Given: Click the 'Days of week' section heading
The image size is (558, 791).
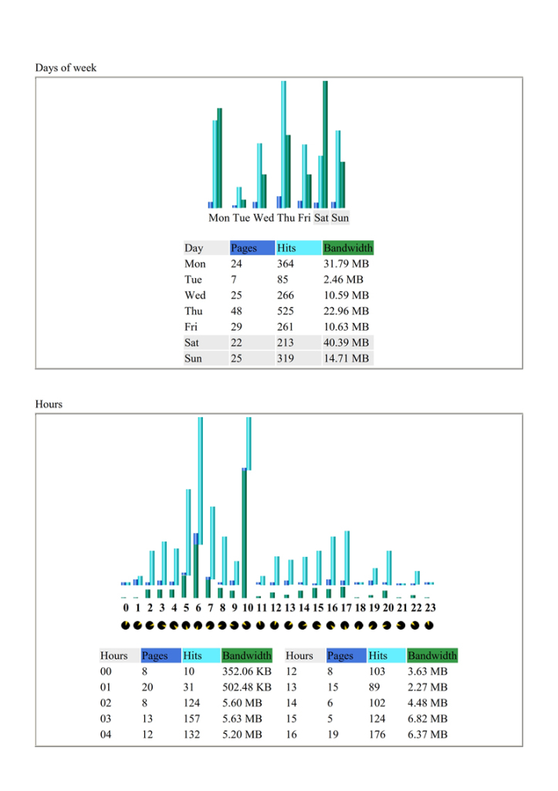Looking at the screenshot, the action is [x=66, y=68].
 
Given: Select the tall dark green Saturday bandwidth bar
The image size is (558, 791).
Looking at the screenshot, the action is [x=325, y=144].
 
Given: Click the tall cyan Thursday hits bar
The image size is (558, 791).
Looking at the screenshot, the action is [x=284, y=144].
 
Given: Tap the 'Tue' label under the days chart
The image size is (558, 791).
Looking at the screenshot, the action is [x=242, y=218].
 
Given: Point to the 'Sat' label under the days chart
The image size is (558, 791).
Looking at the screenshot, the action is [x=321, y=218].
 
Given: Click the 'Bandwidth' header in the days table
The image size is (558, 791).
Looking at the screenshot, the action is [x=348, y=248].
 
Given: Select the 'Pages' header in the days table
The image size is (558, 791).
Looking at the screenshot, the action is [x=244, y=248].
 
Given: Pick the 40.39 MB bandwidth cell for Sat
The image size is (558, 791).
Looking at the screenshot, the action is [x=346, y=342].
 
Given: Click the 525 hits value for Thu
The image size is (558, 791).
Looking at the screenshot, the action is [x=286, y=311].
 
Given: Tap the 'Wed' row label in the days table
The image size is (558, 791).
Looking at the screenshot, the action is [x=195, y=295].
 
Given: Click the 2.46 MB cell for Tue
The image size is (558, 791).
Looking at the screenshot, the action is [x=343, y=280].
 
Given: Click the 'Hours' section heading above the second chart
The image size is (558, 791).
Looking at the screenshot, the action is [x=49, y=404].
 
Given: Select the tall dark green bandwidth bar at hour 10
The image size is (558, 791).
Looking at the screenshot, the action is [x=245, y=533].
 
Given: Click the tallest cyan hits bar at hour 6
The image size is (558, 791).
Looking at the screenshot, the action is [x=200, y=480].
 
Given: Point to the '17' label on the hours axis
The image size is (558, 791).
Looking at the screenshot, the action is [x=346, y=607].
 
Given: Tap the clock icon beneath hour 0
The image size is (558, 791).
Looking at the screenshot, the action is [x=126, y=626].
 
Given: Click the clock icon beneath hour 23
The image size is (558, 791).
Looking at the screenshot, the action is [x=429, y=626].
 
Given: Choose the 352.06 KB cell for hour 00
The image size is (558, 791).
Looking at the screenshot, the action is [x=246, y=671].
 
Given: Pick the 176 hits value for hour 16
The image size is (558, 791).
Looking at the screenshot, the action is [x=377, y=735].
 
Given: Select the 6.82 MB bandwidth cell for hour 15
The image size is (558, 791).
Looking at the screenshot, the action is [x=428, y=718].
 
